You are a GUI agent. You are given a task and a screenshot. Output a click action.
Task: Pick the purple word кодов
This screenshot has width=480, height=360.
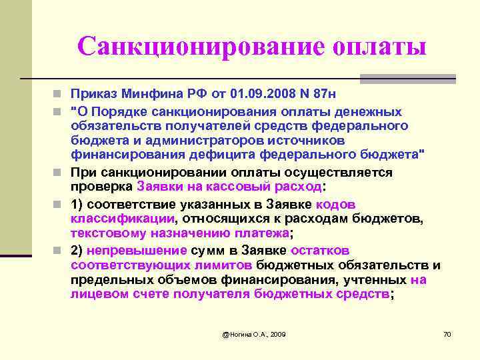click(x=337, y=204)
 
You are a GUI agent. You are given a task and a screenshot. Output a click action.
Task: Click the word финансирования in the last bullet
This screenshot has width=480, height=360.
click(x=317, y=280)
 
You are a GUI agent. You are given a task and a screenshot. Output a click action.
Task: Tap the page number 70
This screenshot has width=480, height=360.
click(x=447, y=333)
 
